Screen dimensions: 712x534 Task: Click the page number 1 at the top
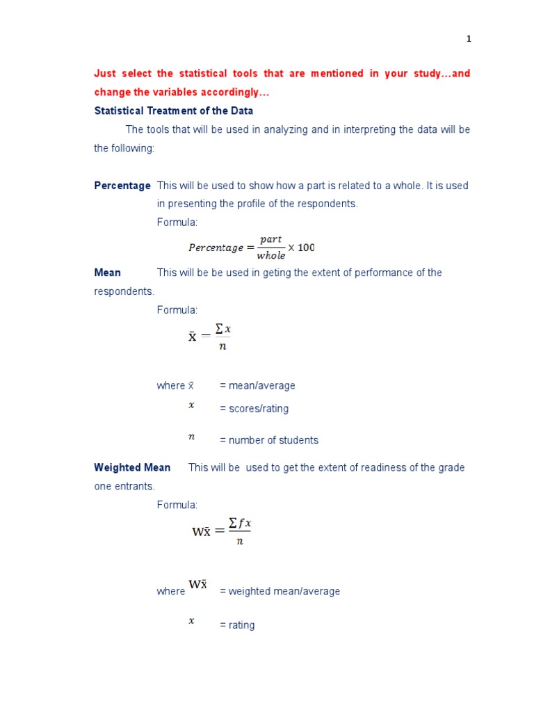469,39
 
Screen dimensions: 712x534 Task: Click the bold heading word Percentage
122,186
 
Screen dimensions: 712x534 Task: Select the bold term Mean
107,273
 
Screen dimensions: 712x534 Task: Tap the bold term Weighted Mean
132,467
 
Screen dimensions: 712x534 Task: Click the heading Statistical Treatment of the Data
174,111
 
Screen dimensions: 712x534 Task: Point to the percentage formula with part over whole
251,248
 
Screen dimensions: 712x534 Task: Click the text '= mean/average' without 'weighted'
257,385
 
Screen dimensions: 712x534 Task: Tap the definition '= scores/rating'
254,409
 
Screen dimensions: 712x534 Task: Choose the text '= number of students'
269,440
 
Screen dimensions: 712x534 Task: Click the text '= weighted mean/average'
280,591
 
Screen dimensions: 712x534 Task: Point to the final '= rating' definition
237,625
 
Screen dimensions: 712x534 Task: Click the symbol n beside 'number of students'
191,437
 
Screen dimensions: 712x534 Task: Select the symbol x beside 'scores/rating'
191,405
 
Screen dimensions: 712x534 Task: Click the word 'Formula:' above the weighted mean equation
177,505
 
